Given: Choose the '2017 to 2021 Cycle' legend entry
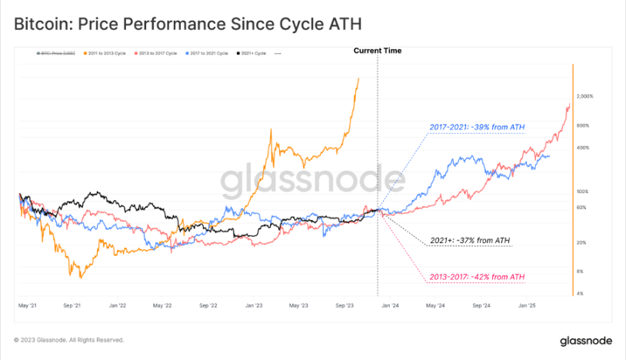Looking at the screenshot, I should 208,53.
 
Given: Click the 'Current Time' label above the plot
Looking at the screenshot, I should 377,51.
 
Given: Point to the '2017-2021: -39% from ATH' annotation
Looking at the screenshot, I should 477,127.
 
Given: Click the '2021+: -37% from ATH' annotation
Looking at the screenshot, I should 471,241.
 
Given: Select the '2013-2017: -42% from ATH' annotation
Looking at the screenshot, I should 477,277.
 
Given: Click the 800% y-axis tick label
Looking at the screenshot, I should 582,125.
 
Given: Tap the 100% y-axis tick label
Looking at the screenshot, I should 582,191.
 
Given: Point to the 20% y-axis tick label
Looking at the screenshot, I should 581,242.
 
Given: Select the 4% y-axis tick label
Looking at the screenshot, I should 580,293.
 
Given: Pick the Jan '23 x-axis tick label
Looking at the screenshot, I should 255,305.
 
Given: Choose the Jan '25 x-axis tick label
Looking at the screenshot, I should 527,305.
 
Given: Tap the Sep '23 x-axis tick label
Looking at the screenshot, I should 345,305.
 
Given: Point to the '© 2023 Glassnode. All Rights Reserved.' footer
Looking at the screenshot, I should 68,340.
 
